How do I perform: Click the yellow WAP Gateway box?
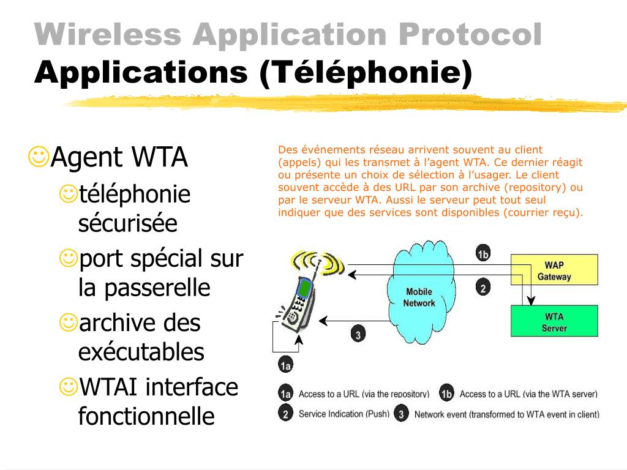(554, 271)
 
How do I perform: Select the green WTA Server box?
(554, 322)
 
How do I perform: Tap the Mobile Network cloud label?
(419, 297)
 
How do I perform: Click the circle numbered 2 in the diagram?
(482, 288)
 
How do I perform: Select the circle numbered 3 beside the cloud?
(358, 334)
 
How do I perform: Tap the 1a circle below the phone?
(285, 366)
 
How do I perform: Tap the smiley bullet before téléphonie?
(69, 195)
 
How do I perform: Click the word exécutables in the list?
(141, 352)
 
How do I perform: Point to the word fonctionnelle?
(146, 416)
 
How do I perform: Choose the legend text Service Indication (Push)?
(344, 414)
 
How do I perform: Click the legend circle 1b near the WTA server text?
(447, 394)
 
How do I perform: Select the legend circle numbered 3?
(401, 414)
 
